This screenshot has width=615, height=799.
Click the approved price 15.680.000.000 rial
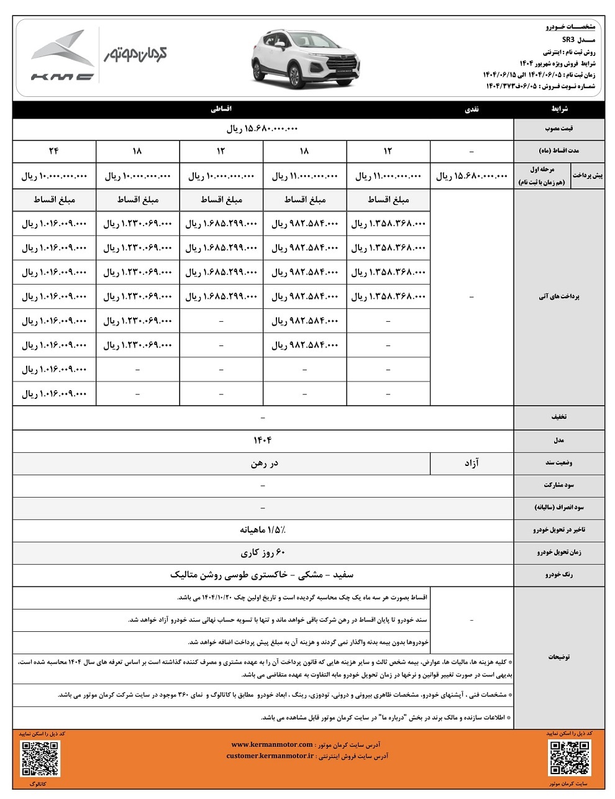tap(263, 129)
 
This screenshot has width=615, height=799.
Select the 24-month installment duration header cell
tap(54, 151)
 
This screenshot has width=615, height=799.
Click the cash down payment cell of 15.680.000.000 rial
tap(471, 176)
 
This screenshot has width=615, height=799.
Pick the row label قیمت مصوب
tap(558, 129)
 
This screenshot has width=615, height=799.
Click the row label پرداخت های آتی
tap(558, 297)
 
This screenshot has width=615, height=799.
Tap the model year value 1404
tap(263, 440)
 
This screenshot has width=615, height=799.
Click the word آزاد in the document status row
tap(472, 463)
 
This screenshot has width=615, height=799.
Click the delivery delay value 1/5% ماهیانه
tap(263, 530)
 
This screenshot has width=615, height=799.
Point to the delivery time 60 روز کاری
tap(263, 552)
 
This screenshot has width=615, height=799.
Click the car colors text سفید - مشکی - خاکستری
tap(263, 575)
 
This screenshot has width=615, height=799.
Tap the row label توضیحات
tap(558, 656)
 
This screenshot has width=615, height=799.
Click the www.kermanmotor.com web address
tap(272, 744)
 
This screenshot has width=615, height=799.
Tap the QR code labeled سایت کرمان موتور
tap(569, 759)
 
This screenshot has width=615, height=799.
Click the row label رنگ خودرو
tap(558, 575)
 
